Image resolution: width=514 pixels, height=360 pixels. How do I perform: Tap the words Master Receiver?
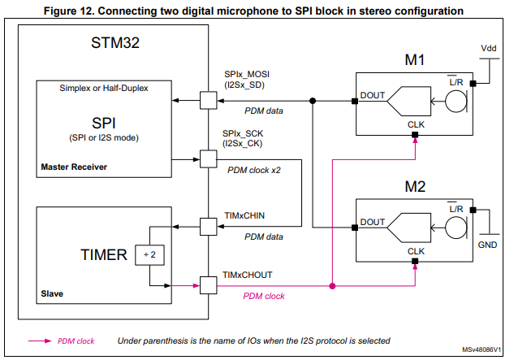pyautogui.click(x=76, y=167)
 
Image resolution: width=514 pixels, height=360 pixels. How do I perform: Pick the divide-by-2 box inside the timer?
pyautogui.click(x=148, y=255)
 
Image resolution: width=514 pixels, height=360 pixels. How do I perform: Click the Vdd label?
pyautogui.click(x=486, y=49)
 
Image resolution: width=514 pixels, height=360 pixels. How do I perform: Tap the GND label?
pyautogui.click(x=486, y=243)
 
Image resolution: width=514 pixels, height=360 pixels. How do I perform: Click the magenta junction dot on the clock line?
pyautogui.click(x=332, y=285)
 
